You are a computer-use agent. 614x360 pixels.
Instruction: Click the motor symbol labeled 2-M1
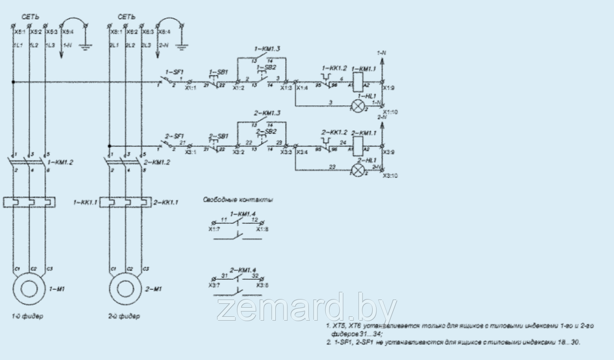click(x=126, y=289)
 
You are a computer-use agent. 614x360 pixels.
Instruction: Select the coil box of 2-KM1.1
click(x=357, y=145)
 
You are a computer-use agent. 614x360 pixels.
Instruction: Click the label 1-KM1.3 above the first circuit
click(x=267, y=49)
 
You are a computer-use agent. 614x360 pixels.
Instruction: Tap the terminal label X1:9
click(x=389, y=88)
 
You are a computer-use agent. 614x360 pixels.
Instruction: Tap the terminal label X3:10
click(x=390, y=176)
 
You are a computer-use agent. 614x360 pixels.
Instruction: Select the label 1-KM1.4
click(x=243, y=214)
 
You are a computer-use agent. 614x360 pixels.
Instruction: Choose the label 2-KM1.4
click(x=243, y=270)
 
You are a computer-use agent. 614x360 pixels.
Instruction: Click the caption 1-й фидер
click(x=27, y=317)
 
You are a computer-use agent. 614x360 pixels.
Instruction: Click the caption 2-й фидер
click(x=124, y=317)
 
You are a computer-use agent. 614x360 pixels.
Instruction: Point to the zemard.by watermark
click(x=307, y=308)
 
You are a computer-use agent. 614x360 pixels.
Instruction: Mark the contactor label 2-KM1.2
click(x=157, y=162)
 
